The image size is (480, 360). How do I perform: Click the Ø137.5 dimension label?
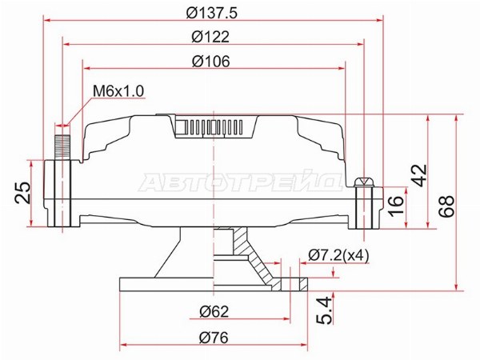[211, 13]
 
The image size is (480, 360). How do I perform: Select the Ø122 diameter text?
[210, 37]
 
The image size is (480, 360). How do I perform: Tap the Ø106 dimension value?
[210, 62]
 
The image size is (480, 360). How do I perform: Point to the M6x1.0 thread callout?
[118, 91]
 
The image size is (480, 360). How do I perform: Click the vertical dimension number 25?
[23, 193]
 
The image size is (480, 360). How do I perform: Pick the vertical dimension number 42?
[418, 175]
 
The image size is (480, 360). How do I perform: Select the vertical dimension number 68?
[446, 206]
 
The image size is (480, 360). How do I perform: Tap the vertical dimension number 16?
[396, 206]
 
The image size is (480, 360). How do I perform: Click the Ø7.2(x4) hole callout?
[338, 255]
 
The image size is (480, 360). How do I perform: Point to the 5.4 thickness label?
[325, 310]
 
